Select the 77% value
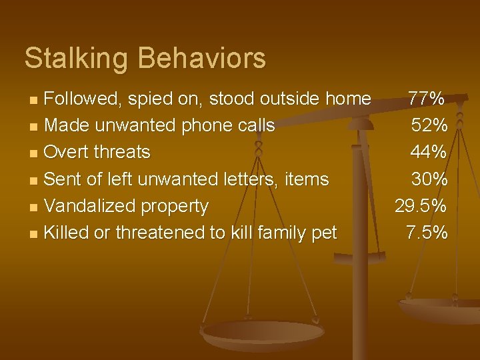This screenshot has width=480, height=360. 427,99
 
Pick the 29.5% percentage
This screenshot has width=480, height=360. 421,205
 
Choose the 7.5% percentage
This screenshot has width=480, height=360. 427,232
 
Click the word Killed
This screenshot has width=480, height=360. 67,232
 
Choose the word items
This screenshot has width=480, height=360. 306,179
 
